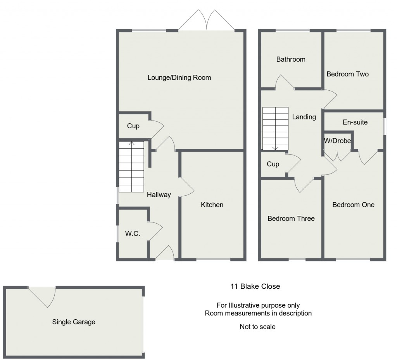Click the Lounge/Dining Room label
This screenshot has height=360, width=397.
click(179, 78)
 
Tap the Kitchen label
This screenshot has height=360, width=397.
click(212, 205)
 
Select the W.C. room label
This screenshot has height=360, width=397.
click(132, 234)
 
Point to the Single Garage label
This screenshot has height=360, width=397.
click(74, 322)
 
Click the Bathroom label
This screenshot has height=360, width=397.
click(291, 59)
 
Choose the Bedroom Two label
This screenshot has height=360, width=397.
click(347, 74)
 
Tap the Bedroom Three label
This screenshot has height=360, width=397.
click(291, 219)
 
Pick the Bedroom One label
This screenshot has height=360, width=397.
click(353, 205)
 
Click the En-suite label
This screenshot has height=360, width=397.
click(355, 122)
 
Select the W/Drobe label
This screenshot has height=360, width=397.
click(337, 141)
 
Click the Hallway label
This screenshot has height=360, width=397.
click(159, 195)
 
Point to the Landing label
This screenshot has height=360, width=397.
click(304, 117)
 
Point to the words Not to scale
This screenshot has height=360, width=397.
click(257, 327)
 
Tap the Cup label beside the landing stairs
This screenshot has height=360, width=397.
click(273, 164)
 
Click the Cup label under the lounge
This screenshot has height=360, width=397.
click(133, 126)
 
